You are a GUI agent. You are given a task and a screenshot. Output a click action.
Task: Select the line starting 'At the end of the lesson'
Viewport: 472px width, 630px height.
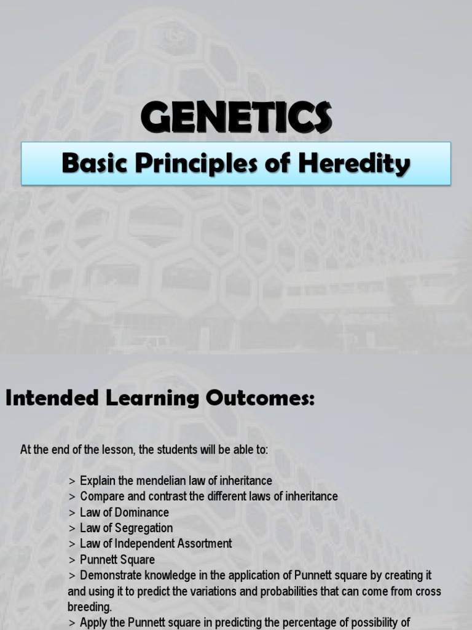(x=144, y=450)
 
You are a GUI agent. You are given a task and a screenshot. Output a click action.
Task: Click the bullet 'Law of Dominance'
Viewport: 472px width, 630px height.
(x=124, y=512)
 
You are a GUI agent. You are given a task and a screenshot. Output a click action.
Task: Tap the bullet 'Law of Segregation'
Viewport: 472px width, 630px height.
(x=126, y=528)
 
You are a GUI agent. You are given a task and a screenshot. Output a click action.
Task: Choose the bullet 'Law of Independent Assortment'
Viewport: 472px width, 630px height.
(x=155, y=544)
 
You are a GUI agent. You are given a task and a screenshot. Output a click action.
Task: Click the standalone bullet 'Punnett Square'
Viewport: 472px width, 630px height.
(x=117, y=560)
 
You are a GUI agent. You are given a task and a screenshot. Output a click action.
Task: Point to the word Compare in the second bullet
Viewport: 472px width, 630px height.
(x=101, y=496)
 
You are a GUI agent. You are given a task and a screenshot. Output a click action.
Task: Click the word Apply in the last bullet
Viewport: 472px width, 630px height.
(x=93, y=623)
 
